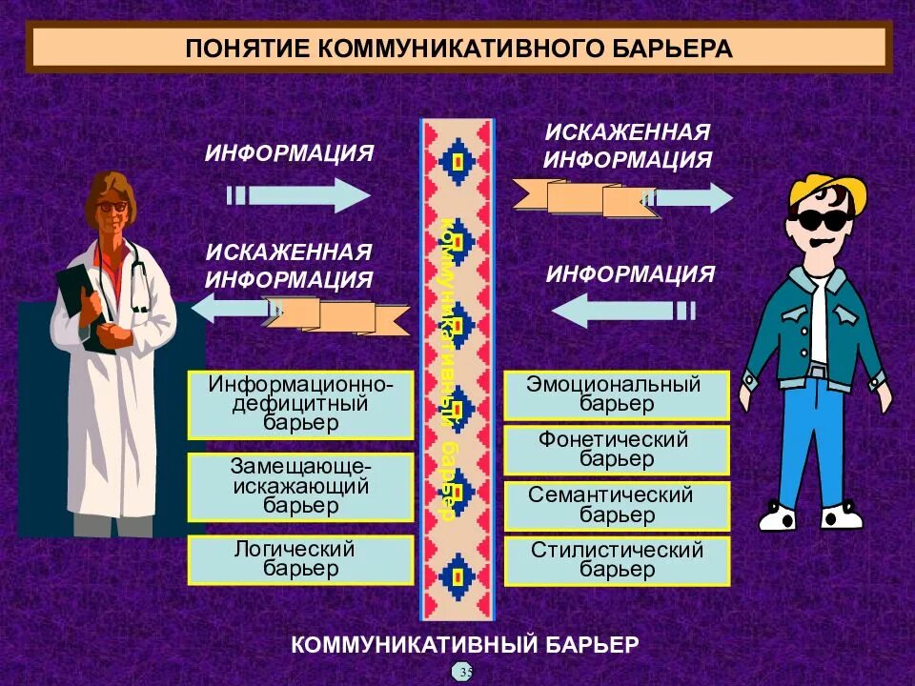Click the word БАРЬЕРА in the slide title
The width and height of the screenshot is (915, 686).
pyautogui.click(x=661, y=50)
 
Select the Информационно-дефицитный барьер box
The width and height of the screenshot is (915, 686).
pyautogui.click(x=301, y=403)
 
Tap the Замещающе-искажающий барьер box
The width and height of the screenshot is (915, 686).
pyautogui.click(x=301, y=486)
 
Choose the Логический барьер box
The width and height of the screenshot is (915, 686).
pyautogui.click(x=301, y=559)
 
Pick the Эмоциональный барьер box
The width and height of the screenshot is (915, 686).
pyautogui.click(x=616, y=394)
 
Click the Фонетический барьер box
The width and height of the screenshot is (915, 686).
pyautogui.click(x=616, y=450)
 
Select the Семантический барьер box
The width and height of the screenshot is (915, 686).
pyautogui.click(x=616, y=505)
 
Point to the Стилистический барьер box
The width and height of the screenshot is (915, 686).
pyautogui.click(x=616, y=560)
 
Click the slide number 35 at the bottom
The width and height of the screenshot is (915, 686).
pyautogui.click(x=464, y=672)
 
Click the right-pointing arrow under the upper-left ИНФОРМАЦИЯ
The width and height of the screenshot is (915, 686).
pyautogui.click(x=301, y=195)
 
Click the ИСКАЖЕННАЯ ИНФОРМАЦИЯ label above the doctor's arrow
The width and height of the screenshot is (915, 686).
pyautogui.click(x=288, y=266)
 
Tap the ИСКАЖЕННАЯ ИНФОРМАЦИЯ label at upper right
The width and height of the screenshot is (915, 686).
pyautogui.click(x=627, y=146)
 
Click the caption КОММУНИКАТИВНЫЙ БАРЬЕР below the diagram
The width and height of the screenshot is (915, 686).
pyautogui.click(x=464, y=644)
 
